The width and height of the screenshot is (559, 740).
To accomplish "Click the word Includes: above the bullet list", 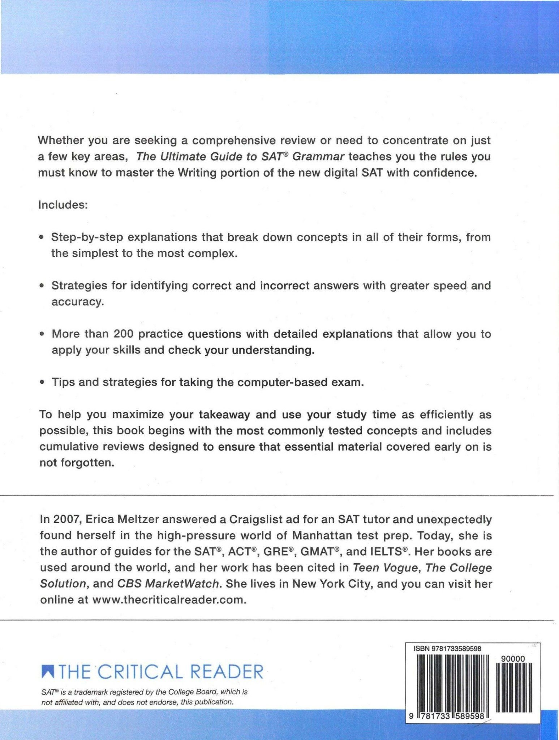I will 63,205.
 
